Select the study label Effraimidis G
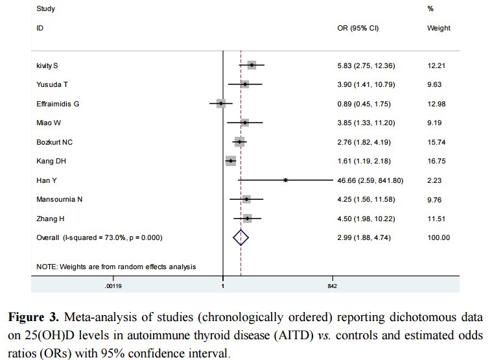(58, 104)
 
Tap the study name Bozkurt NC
(54, 141)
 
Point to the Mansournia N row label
(59, 200)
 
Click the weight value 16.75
(437, 160)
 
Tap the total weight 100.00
(438, 238)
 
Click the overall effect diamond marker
(240, 238)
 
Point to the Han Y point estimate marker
(285, 180)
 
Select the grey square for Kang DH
(231, 160)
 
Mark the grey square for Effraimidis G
(221, 104)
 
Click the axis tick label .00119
(113, 285)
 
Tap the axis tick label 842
(332, 285)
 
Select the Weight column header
(438, 29)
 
